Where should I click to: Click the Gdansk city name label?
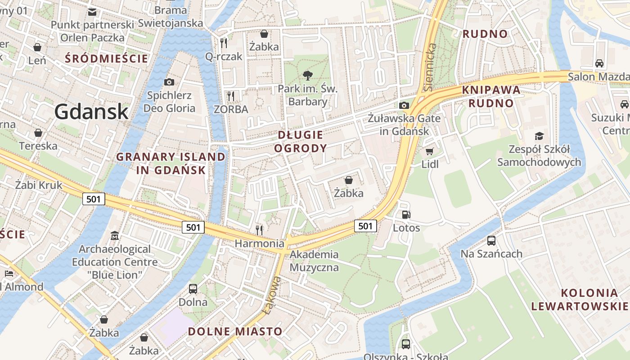[92, 111]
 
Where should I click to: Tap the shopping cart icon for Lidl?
[430, 151]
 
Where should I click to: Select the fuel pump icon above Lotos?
[406, 215]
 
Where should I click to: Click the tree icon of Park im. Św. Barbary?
[308, 75]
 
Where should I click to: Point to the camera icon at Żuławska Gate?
[404, 105]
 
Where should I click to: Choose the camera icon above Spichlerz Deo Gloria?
[169, 82]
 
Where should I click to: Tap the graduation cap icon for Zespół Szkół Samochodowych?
[539, 136]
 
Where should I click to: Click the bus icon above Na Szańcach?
[491, 241]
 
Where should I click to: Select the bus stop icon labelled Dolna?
[193, 289]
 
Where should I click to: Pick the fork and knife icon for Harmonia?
[259, 230]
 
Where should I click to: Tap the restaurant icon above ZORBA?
[231, 96]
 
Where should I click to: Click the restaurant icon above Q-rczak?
[224, 43]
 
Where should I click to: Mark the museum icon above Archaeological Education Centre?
[115, 236]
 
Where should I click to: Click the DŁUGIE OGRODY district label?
[301, 141]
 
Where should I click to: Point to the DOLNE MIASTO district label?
[235, 332]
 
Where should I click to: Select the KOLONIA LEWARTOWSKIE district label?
[580, 300]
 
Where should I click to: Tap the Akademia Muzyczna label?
[314, 261]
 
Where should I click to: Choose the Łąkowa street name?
[271, 295]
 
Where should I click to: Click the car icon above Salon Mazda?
[599, 63]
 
